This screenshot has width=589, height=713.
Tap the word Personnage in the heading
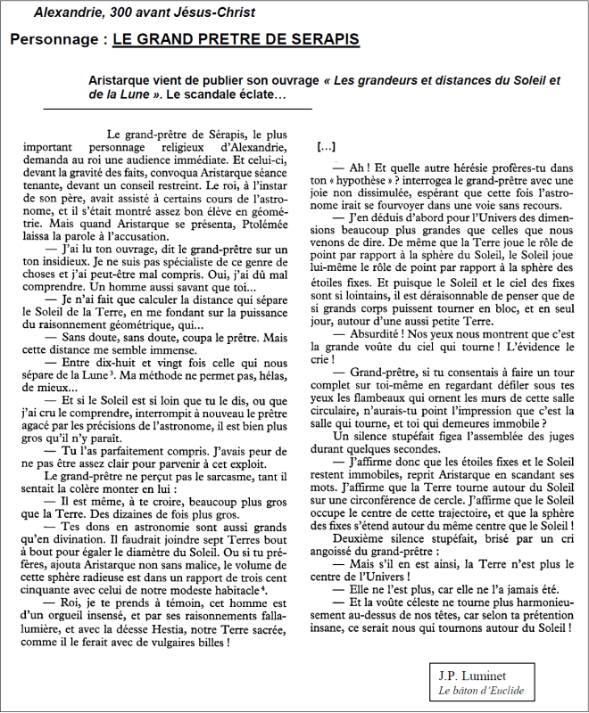pyautogui.click(x=55, y=39)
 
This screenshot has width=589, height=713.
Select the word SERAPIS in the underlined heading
pyautogui.click(x=319, y=39)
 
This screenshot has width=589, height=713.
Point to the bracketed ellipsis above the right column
pyautogui.click(x=327, y=145)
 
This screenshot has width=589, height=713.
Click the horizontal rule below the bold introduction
pyautogui.click(x=178, y=109)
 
